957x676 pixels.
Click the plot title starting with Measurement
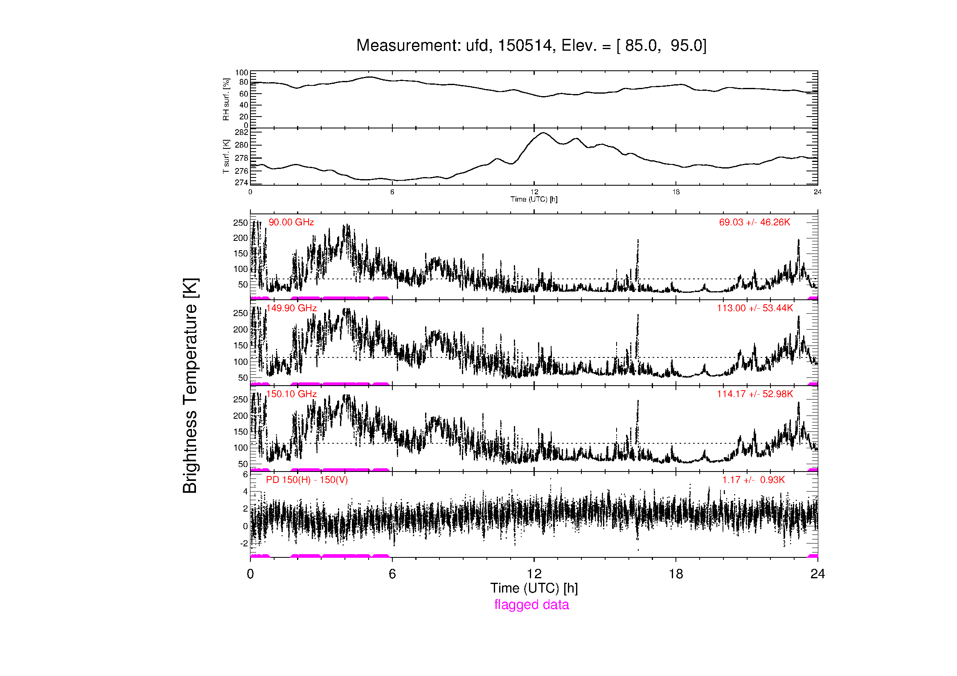531,45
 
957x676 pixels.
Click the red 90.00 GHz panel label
291,222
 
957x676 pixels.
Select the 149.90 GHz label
291,308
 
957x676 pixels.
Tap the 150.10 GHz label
291,394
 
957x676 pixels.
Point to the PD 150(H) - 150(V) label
307,480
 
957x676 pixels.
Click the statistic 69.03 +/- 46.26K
754,222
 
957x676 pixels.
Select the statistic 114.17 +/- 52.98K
755,394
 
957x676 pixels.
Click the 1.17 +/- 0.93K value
754,480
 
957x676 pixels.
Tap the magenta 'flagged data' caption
531,604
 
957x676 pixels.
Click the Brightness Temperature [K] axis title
190,386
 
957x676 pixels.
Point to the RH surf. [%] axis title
226,99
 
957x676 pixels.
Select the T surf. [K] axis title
226,157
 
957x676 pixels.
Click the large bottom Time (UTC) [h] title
534,588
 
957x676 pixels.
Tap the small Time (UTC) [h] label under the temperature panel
534,199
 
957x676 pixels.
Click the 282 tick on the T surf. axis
242,133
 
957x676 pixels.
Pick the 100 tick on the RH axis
242,73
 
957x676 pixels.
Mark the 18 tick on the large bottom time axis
676,574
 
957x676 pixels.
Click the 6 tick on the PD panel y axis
245,474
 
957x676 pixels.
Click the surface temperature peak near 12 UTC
543,133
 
